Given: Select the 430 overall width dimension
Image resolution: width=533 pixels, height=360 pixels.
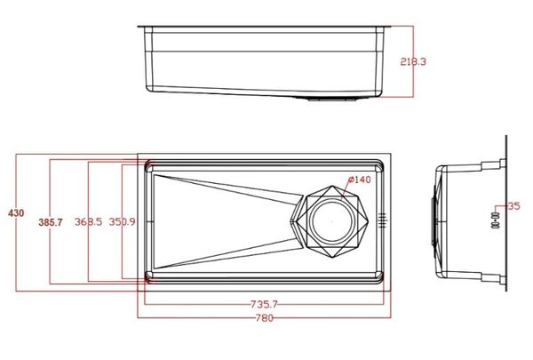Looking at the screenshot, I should [x=16, y=213].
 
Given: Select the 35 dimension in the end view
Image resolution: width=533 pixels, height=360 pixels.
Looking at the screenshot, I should [x=513, y=206].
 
